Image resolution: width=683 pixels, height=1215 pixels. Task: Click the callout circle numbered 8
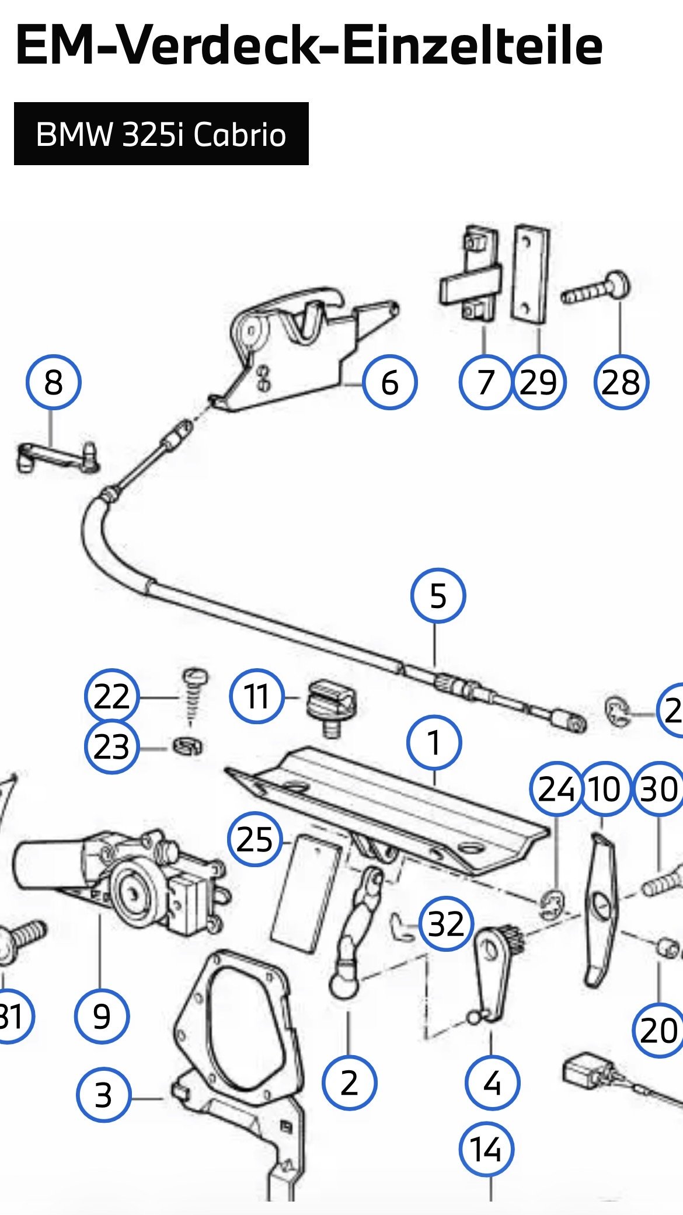[x=53, y=383]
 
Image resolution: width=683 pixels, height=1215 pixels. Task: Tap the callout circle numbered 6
[x=389, y=383]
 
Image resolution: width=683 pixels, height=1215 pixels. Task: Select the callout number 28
[x=621, y=383]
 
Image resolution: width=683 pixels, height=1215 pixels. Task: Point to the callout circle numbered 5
[x=438, y=596]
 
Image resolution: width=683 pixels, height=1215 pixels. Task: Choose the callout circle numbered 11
[x=256, y=696]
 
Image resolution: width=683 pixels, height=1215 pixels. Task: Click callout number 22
[x=111, y=696]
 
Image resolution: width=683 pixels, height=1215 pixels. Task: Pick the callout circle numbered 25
[x=255, y=840]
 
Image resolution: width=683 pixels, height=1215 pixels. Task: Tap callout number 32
[x=446, y=924]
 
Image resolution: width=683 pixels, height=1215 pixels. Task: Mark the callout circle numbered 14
[x=486, y=1149]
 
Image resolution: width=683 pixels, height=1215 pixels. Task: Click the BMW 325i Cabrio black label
[x=161, y=134]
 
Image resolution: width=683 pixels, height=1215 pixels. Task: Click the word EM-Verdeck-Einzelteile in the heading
[x=309, y=46]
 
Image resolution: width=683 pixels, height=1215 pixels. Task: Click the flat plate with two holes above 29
[x=531, y=274]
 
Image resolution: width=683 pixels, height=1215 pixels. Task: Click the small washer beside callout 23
[x=188, y=746]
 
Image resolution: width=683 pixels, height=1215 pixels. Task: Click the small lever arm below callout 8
[x=57, y=458]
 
